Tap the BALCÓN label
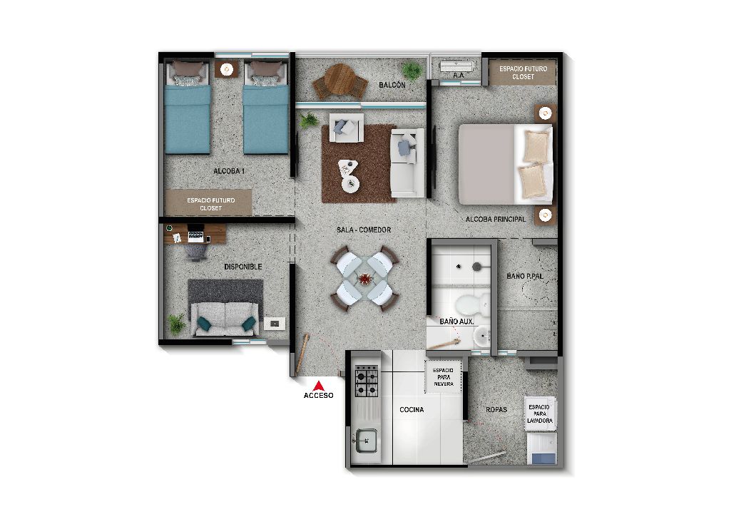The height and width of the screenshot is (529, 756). click(x=392, y=85)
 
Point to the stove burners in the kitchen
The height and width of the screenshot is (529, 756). click(x=367, y=381)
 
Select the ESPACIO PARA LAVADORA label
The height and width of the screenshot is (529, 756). click(x=539, y=414)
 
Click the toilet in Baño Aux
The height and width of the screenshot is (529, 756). click(x=470, y=304)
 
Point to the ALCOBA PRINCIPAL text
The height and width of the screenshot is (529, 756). click(x=496, y=220)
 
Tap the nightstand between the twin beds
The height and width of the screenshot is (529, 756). click(x=227, y=69)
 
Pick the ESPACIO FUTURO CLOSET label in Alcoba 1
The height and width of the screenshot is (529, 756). click(x=210, y=204)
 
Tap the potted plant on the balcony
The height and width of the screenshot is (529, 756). click(x=411, y=69)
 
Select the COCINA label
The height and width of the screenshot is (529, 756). click(x=412, y=410)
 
